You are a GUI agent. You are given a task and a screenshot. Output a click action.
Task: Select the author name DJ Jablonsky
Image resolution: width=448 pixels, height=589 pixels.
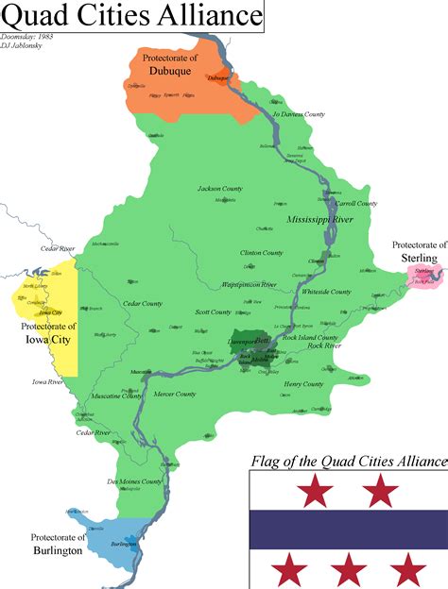(26, 44)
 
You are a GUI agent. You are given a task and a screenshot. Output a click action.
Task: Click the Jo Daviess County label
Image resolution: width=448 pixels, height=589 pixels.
(299, 114)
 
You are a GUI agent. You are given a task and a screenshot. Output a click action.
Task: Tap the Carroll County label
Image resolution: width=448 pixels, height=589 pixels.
(355, 203)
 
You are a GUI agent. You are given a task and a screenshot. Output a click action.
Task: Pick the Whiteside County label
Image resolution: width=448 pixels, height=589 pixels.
(327, 292)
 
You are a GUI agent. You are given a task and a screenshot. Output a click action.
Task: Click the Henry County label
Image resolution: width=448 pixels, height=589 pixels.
(303, 384)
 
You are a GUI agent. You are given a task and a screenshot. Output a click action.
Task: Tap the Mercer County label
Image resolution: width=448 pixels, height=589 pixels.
(175, 394)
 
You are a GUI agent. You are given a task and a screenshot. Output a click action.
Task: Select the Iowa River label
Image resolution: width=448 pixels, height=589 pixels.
(47, 382)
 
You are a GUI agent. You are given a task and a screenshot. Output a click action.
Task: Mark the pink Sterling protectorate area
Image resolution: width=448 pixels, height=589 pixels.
(424, 275)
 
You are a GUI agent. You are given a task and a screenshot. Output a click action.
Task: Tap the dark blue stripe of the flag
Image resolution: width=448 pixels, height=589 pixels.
(348, 529)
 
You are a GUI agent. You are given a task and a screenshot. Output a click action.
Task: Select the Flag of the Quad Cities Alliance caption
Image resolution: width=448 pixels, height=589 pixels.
(348, 462)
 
